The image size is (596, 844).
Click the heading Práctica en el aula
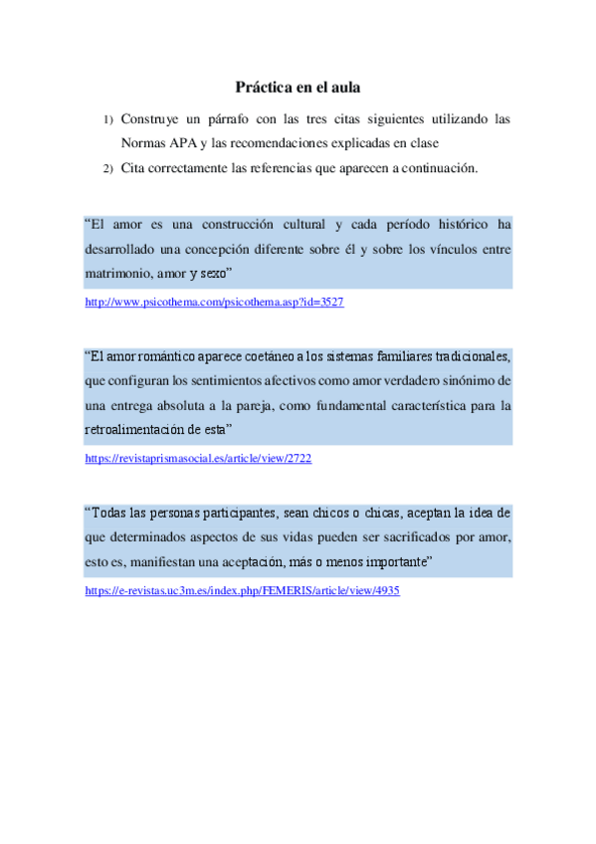click(x=298, y=87)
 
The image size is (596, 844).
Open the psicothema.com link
click(x=214, y=302)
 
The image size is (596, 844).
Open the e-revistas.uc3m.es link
click(x=242, y=590)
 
